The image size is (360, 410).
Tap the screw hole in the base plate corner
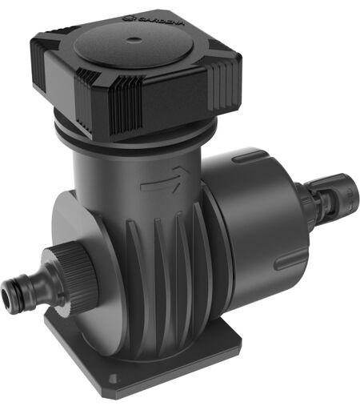click(113, 378)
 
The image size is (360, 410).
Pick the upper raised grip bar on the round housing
click(250, 156)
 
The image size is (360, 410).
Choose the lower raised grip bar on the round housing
click(291, 259)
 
